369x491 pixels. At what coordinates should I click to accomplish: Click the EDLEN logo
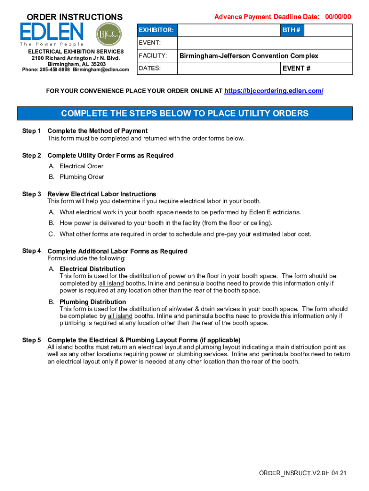click(52, 33)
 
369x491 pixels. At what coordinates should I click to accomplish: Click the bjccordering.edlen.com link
click(274, 91)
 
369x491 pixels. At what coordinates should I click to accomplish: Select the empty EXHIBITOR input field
click(229, 30)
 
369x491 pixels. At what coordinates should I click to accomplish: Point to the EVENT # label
click(296, 69)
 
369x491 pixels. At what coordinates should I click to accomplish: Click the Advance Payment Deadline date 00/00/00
click(338, 17)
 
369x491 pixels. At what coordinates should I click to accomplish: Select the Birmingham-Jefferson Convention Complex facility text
click(249, 56)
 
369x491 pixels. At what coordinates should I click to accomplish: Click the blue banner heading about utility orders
click(184, 114)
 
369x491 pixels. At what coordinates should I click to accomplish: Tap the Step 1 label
click(32, 131)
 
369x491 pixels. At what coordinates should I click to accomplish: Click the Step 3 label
click(32, 194)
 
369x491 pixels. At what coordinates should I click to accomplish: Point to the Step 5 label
click(32, 340)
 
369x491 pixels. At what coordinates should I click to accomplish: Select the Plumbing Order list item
click(81, 177)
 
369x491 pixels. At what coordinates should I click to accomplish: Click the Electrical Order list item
click(81, 166)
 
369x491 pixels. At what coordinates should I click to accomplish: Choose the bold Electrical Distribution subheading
click(92, 269)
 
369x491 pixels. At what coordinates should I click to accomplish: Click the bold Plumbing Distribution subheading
click(92, 302)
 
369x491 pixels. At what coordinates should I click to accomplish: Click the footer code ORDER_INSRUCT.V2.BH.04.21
click(302, 473)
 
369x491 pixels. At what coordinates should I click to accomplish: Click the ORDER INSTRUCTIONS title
click(74, 17)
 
